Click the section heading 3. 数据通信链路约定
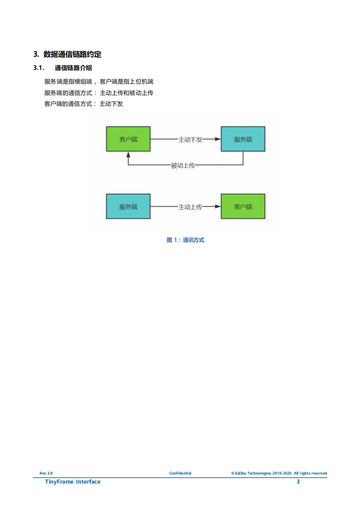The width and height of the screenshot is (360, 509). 67,54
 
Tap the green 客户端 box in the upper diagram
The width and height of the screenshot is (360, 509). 128,139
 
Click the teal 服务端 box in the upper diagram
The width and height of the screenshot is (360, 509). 243,139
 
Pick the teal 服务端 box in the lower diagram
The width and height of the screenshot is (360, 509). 128,206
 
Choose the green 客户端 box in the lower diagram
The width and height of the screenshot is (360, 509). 243,206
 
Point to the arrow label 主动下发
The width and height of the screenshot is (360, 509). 190,139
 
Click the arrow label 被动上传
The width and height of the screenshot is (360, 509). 182,166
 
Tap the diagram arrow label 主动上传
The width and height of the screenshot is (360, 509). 190,207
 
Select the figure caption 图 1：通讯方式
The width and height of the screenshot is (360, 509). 185,240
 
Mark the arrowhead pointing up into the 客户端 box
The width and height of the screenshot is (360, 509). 128,156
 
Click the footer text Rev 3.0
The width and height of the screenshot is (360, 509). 46,473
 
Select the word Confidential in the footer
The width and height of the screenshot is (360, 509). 180,473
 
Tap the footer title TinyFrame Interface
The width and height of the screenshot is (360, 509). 73,482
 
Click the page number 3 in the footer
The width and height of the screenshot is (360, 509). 298,482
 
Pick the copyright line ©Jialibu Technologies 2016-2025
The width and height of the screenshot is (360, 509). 279,473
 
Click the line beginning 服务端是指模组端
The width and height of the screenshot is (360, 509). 99,82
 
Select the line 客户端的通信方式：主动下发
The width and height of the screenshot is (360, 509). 84,104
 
